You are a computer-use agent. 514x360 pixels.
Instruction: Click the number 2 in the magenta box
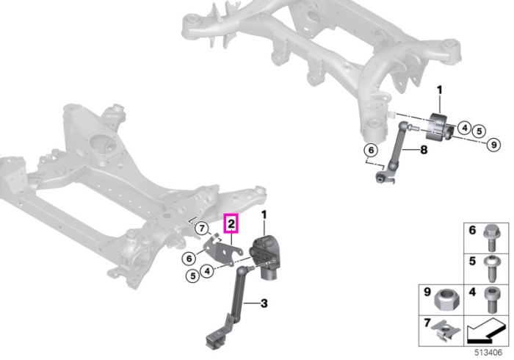tap(231, 224)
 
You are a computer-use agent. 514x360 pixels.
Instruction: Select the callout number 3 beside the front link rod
tap(264, 303)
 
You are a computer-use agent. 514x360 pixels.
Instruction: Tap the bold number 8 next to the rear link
tap(424, 150)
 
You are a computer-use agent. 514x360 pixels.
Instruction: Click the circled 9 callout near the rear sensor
tap(493, 145)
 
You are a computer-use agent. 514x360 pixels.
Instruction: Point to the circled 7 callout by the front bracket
tap(202, 228)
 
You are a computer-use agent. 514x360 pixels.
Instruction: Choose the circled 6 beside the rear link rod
tap(371, 151)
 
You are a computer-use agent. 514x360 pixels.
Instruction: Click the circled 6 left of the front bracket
tap(189, 259)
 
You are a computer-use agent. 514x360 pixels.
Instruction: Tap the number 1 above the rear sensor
tap(440, 90)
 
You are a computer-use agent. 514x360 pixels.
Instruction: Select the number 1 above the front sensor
tap(264, 215)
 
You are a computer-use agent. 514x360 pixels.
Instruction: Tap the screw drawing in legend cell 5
tap(491, 269)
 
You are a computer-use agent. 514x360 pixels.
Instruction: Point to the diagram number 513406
tap(488, 353)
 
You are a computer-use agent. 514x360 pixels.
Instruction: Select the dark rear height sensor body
tap(438, 127)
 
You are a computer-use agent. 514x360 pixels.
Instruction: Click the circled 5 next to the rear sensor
tap(479, 132)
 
